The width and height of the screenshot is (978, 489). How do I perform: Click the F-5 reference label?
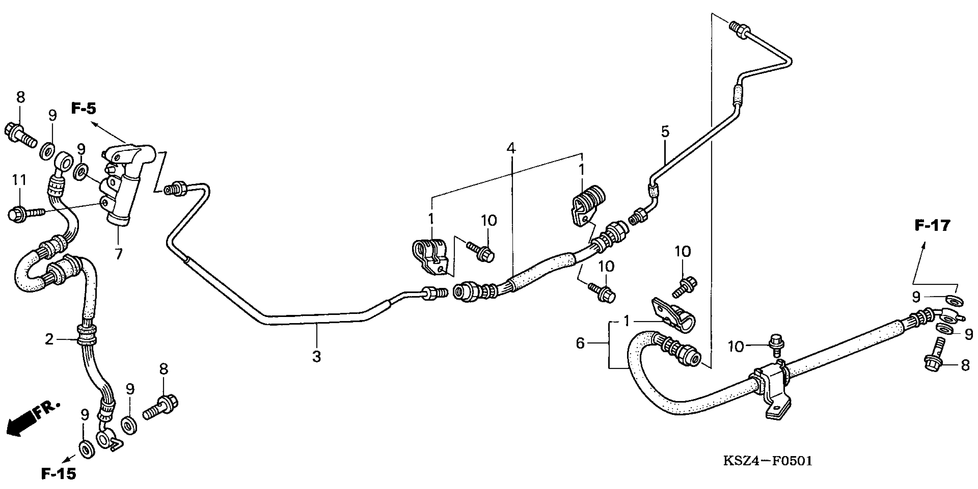click(84, 109)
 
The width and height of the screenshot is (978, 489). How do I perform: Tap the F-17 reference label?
click(932, 226)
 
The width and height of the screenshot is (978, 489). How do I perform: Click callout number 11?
click(19, 180)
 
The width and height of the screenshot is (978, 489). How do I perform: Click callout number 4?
click(511, 148)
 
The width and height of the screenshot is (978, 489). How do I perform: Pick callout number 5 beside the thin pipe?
click(665, 131)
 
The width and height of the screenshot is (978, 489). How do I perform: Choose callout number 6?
click(580, 343)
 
